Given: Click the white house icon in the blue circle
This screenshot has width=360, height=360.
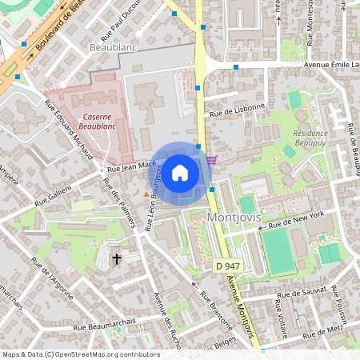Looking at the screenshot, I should [x=180, y=173].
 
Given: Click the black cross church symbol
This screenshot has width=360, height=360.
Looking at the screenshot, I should [x=117, y=258].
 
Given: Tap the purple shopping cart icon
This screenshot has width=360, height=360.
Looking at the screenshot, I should [x=210, y=160].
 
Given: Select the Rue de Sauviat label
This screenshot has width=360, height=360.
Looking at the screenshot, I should [x=301, y=295].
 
